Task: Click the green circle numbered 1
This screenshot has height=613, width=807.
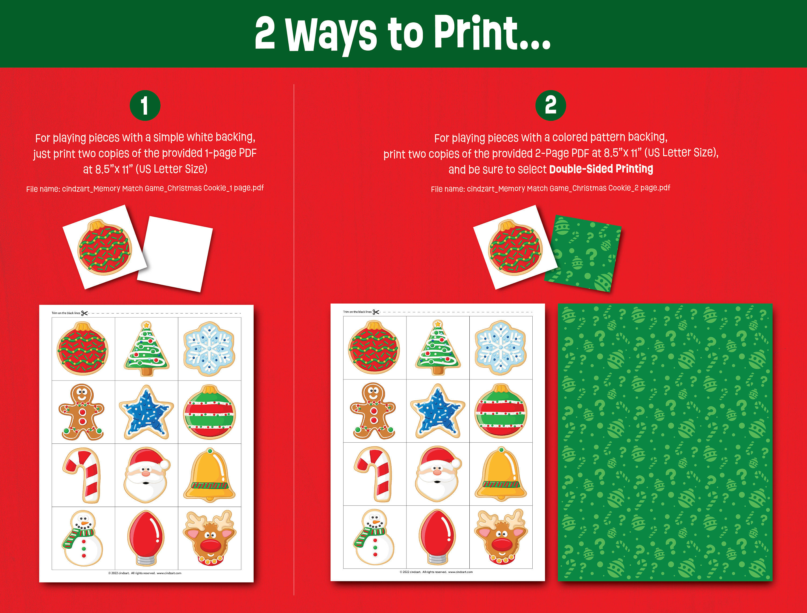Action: pyautogui.click(x=145, y=105)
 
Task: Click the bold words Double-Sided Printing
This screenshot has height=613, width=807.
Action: pyautogui.click(x=601, y=169)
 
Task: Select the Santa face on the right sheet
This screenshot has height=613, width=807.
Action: pyautogui.click(x=437, y=473)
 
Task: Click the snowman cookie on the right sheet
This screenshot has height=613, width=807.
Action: pyautogui.click(x=374, y=537)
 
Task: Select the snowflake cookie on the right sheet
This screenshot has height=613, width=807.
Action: pyautogui.click(x=501, y=347)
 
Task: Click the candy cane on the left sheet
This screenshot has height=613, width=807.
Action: pyautogui.click(x=83, y=474)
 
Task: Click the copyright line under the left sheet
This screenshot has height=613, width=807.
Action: pyautogui.click(x=144, y=573)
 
